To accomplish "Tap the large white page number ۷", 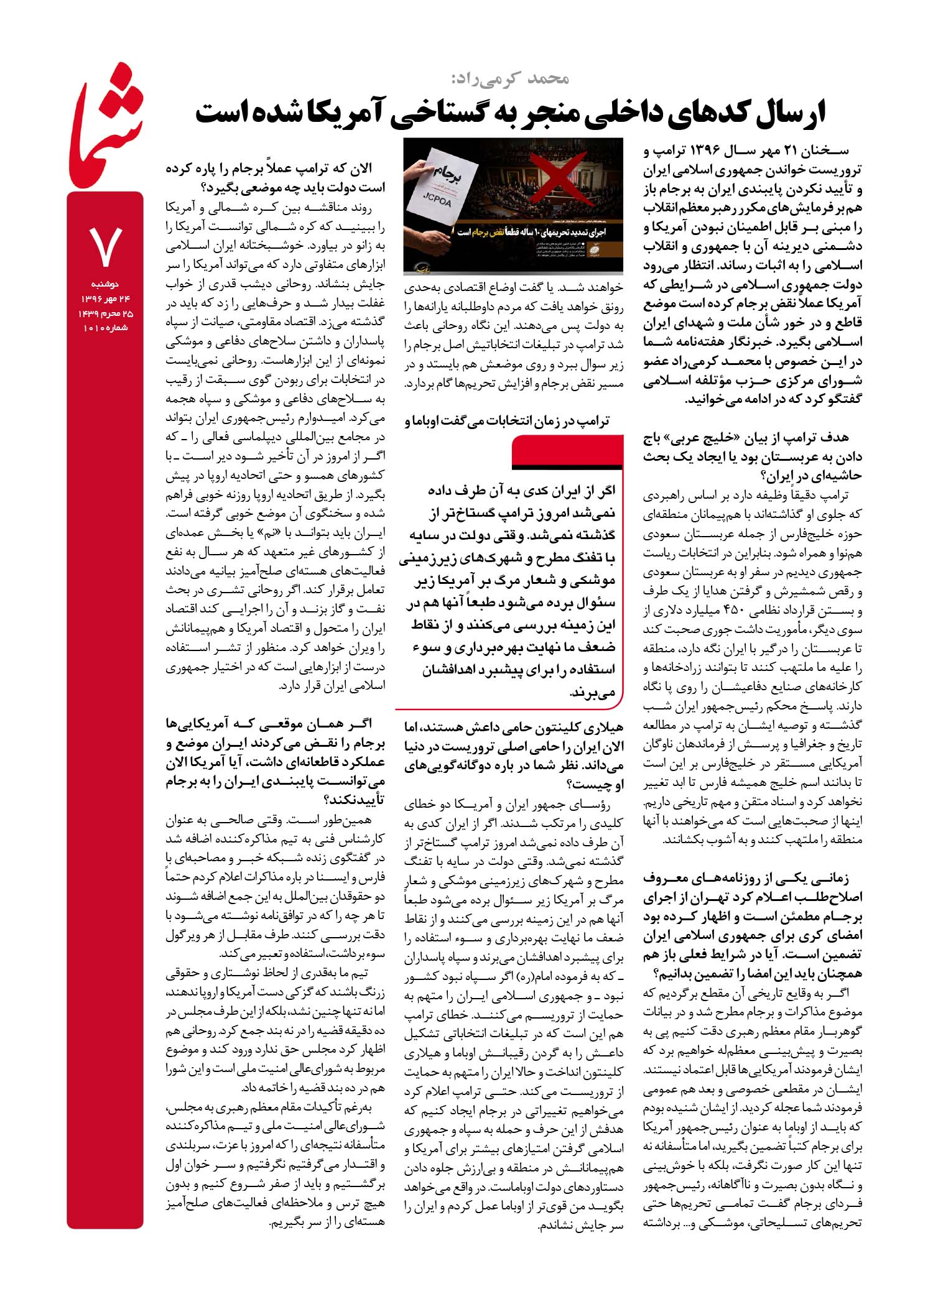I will coord(106,246).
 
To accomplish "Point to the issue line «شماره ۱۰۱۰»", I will coord(105,328).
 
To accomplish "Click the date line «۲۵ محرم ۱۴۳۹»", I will coord(105,314).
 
